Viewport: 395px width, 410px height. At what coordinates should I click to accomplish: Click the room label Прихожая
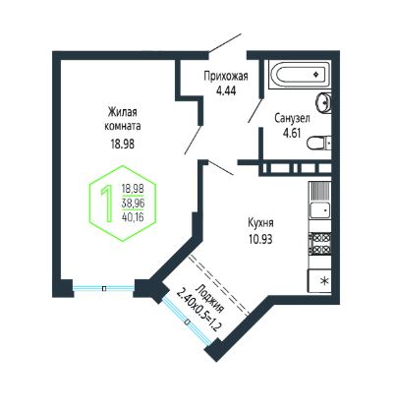click(x=226, y=77)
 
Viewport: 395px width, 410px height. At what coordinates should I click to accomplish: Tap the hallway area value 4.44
click(x=226, y=90)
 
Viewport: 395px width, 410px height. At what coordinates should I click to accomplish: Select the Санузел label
click(x=292, y=118)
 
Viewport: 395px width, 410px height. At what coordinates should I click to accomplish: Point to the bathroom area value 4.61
click(x=292, y=133)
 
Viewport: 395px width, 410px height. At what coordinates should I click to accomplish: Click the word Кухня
click(x=260, y=223)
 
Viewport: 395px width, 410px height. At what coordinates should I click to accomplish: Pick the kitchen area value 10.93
click(x=260, y=240)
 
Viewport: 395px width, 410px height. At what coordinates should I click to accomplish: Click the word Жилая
click(x=123, y=112)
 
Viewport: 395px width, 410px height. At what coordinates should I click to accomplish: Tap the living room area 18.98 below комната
click(x=123, y=144)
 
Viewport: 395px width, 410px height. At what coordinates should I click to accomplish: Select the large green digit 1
click(x=107, y=204)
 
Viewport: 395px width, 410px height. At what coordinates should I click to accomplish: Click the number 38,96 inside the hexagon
click(x=133, y=204)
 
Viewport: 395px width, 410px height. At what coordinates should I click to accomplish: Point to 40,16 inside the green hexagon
click(x=133, y=216)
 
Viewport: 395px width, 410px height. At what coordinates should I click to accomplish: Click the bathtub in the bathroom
click(x=300, y=75)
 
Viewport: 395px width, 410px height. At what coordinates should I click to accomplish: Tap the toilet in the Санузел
click(x=318, y=143)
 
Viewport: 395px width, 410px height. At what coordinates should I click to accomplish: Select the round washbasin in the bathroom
click(x=323, y=102)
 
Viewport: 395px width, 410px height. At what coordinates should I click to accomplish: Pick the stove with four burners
click(x=319, y=244)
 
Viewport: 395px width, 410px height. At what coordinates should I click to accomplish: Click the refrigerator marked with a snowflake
click(x=319, y=281)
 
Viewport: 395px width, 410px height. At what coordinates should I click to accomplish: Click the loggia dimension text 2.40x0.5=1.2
click(x=197, y=309)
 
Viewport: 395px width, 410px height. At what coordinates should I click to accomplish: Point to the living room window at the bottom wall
click(x=104, y=288)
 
